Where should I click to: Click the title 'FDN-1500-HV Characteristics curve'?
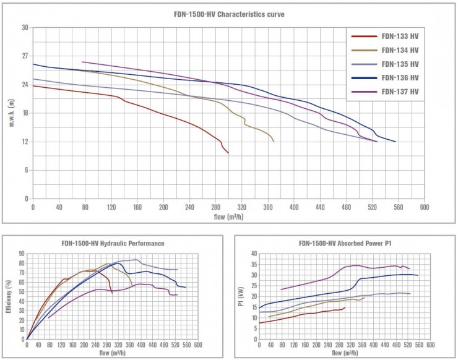(x=228, y=13)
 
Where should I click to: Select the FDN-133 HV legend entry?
(x=400, y=36)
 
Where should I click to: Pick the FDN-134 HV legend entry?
(x=400, y=50)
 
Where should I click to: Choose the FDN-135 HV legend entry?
(x=400, y=64)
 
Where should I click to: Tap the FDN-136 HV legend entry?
(x=400, y=77)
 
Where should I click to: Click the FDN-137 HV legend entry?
(x=400, y=91)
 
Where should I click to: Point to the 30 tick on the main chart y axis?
(x=25, y=27)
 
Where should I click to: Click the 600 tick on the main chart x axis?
(x=424, y=207)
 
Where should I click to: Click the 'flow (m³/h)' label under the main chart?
(x=228, y=216)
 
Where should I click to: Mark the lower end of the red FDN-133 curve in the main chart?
(x=228, y=153)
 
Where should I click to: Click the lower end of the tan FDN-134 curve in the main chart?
(x=274, y=142)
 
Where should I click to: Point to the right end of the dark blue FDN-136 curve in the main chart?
(x=395, y=142)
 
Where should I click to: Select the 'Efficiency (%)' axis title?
(x=8, y=296)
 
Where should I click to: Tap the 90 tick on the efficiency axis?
(x=21, y=254)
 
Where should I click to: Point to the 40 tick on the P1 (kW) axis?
(x=254, y=254)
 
